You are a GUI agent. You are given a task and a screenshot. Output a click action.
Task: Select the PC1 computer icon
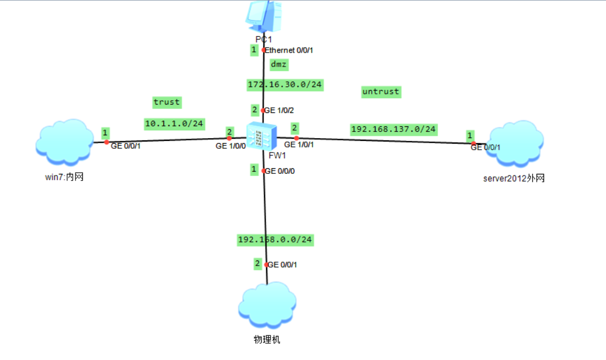click(x=262, y=16)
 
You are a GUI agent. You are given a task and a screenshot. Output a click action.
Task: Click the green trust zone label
click(x=167, y=102)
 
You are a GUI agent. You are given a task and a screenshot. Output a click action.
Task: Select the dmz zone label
click(x=278, y=64)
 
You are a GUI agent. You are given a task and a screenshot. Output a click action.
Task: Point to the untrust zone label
click(x=381, y=91)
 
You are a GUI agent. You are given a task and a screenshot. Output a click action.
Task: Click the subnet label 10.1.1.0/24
click(x=174, y=123)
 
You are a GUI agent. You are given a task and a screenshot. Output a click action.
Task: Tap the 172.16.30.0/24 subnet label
click(x=286, y=84)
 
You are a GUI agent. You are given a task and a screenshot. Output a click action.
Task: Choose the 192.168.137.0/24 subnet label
click(x=394, y=129)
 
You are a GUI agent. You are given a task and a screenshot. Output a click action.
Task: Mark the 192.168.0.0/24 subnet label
click(x=275, y=240)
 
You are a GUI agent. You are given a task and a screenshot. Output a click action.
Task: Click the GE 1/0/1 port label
click(x=299, y=145)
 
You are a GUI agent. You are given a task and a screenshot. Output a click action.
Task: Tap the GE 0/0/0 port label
click(x=280, y=171)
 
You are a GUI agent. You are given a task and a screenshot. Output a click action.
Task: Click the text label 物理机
click(x=266, y=339)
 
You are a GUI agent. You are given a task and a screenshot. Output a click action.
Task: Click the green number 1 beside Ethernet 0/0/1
click(x=254, y=50)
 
